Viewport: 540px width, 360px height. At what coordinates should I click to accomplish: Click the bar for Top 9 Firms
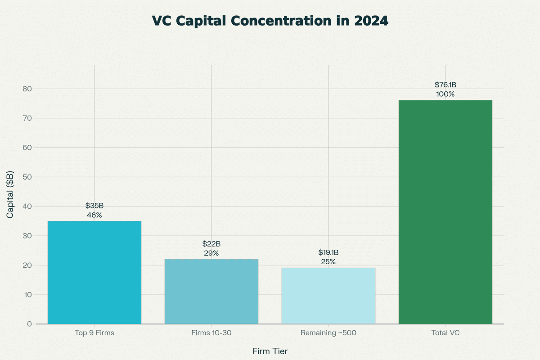coord(94,272)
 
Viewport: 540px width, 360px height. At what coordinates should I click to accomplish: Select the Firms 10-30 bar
coord(211,292)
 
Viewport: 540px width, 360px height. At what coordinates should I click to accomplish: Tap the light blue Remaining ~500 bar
coord(328,296)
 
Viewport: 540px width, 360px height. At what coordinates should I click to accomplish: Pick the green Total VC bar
coord(445,212)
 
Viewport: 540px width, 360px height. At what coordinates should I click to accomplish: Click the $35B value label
coord(94,206)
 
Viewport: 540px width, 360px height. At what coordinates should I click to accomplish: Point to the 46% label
coord(94,215)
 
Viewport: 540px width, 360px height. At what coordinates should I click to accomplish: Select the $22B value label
coord(211,244)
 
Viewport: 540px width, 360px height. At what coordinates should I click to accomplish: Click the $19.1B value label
coord(328,252)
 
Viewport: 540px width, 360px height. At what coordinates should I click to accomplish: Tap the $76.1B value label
coord(445,85)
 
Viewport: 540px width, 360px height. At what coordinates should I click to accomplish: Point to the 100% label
coord(445,94)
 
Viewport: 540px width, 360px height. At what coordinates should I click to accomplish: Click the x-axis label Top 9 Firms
coord(94,333)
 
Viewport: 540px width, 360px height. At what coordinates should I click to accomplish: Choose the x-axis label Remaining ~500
coord(328,333)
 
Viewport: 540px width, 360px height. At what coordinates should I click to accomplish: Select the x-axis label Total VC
coord(445,333)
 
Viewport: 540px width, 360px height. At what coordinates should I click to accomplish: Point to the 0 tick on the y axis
coord(29,324)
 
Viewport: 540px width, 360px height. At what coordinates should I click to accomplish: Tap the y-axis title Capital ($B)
coord(10,194)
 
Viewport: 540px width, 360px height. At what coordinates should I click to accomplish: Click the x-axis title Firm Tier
coord(270,351)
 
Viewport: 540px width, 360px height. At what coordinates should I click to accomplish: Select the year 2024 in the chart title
coord(369,21)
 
